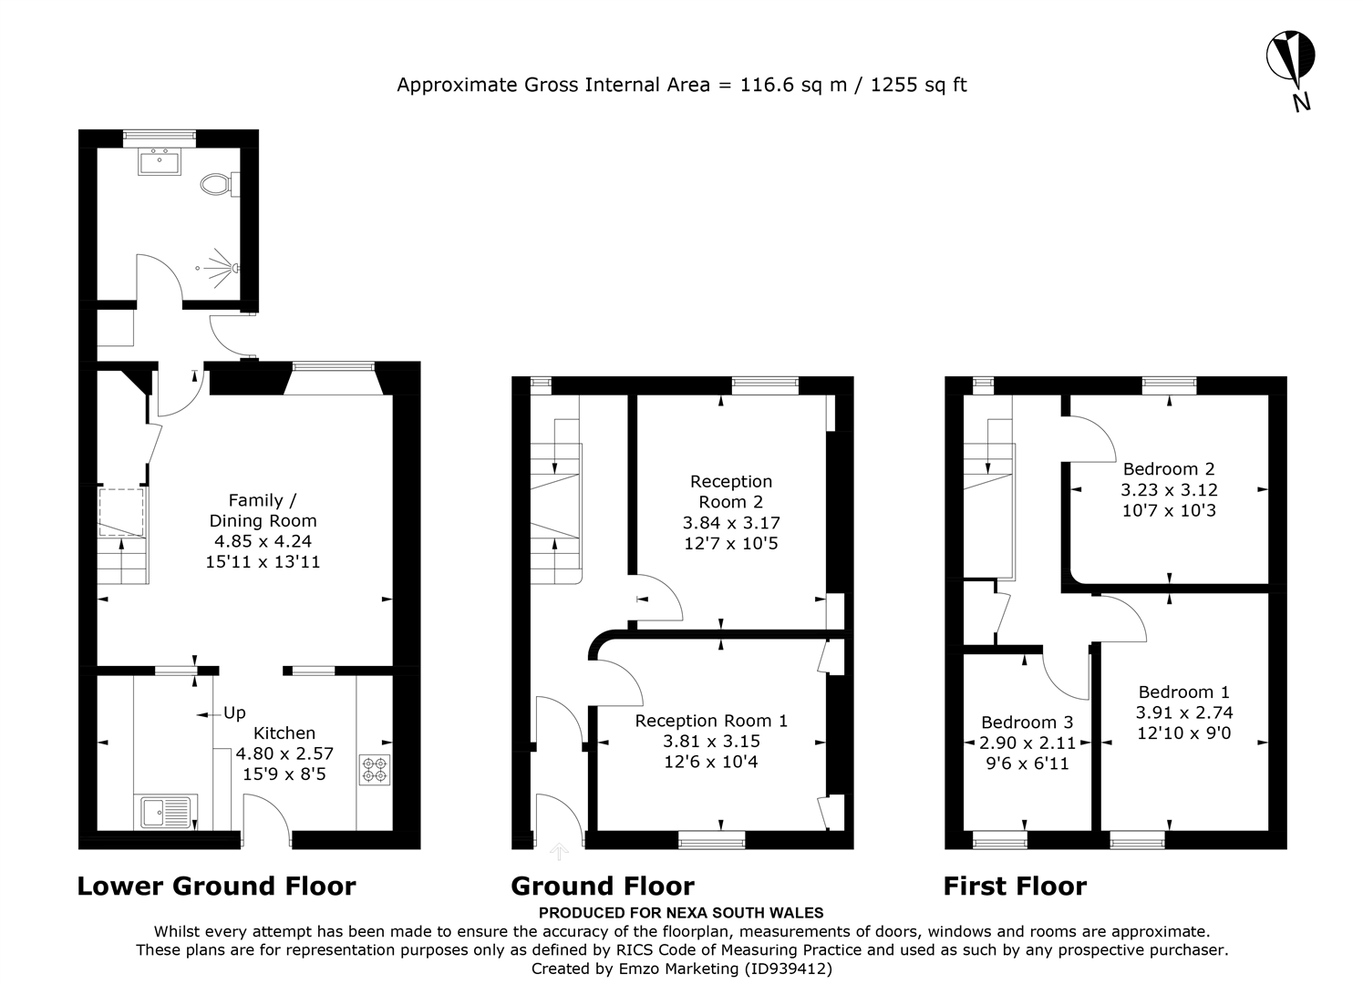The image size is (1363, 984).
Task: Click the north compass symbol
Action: coord(1290,57)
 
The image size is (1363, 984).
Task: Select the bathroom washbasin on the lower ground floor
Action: coord(160,161)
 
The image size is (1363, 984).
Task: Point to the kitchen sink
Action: coord(165,810)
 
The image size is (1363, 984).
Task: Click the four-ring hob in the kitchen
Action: coord(374,769)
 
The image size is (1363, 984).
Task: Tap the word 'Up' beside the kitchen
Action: coord(234,713)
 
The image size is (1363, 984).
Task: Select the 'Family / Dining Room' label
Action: coord(263,510)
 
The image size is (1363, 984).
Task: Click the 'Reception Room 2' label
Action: coord(730,491)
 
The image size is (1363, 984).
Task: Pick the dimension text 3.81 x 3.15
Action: coord(711,742)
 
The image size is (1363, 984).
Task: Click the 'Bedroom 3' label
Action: coord(1027,723)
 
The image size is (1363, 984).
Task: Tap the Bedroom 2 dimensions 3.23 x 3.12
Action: coord(1169,490)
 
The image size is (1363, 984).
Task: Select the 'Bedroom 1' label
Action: coord(1183,692)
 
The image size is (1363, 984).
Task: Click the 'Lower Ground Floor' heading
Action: coord(216,886)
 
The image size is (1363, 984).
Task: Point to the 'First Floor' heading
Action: coord(1015,886)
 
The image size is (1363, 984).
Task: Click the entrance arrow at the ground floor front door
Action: coord(559,852)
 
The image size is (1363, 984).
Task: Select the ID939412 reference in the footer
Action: coord(788,969)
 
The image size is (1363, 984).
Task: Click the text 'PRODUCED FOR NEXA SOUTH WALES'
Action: coord(681,913)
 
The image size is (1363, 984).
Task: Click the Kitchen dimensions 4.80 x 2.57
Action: coord(284,754)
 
